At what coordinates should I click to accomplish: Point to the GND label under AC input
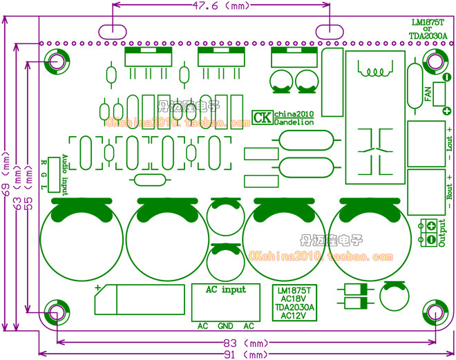tap(225, 326)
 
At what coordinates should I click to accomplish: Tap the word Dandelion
tap(294, 122)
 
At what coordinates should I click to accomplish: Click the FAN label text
tap(428, 94)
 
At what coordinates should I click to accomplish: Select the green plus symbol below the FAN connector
tap(447, 111)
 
